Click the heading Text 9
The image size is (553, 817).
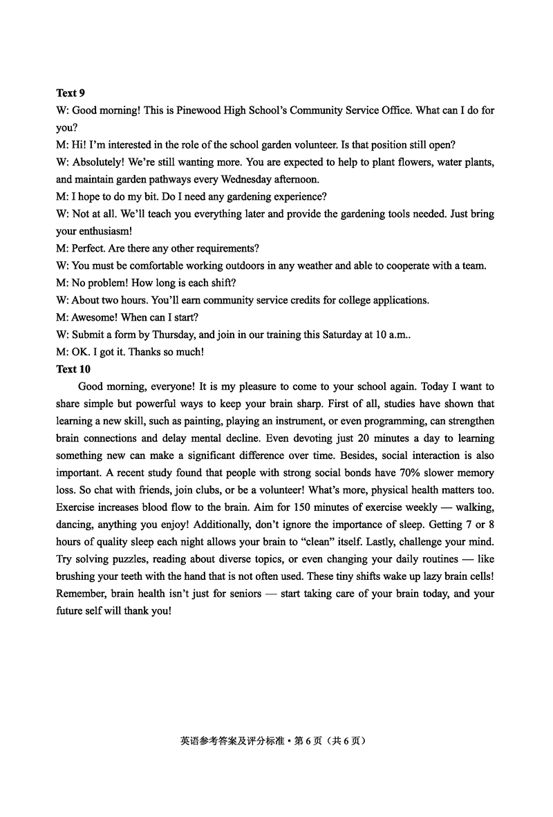click(71, 93)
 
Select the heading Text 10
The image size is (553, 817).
click(73, 369)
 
